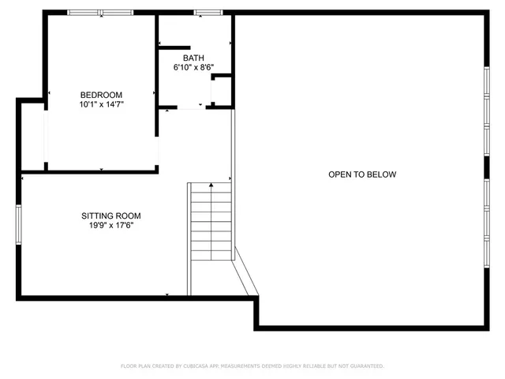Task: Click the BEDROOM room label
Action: [x=101, y=95]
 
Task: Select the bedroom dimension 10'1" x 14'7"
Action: [x=101, y=104]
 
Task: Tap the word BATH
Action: [x=193, y=58]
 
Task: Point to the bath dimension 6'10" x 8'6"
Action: [x=193, y=68]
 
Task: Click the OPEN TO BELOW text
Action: [x=362, y=174]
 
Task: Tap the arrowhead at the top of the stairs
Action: [x=211, y=186]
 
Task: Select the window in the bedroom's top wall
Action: [x=99, y=13]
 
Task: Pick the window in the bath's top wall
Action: [x=208, y=13]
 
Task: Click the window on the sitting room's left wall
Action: [x=17, y=224]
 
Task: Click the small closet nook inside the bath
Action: [x=222, y=91]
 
